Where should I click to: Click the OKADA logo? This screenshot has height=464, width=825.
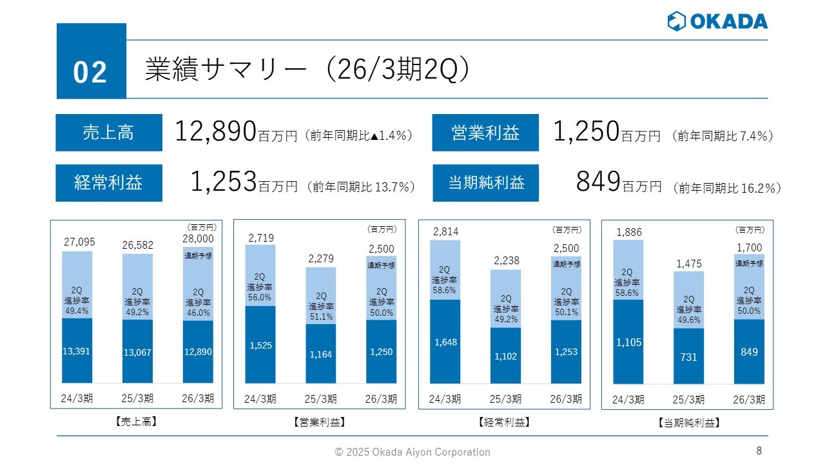pos(717,21)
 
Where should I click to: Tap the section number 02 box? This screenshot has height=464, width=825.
pos(91,62)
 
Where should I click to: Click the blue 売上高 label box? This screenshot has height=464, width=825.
pos(108,133)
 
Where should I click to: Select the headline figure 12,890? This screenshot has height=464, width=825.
pos(216,132)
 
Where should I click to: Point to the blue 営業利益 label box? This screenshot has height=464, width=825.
pos(485,133)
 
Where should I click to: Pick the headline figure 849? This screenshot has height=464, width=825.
pos(598,183)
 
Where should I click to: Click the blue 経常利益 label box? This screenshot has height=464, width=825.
pos(108,183)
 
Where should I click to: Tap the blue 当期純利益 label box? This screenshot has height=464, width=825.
pos(485,183)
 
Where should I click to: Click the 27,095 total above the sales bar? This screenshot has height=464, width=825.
pos(79,242)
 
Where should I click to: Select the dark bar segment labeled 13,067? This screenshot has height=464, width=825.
pos(137,352)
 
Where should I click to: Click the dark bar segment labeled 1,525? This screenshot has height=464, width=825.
pos(260,345)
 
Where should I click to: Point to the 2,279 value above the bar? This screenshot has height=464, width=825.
pos(320,258)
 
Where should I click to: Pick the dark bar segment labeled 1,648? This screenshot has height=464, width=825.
pos(445,342)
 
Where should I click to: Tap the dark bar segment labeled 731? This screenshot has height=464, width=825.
pos(688,356)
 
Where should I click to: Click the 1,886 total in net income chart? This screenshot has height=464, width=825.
pos(628,232)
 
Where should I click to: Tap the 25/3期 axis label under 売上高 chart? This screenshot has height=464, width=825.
pos(137,398)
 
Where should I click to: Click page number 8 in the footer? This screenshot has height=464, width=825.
pos(759,450)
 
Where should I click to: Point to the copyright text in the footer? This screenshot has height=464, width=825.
pos(412,452)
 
